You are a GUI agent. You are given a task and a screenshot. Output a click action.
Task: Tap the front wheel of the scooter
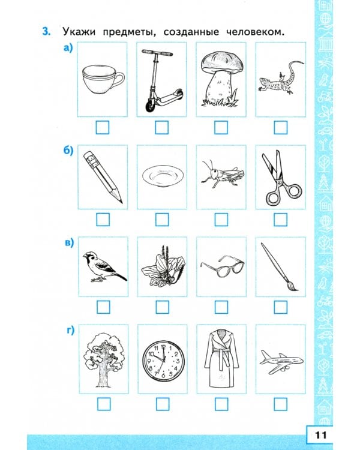[149, 106]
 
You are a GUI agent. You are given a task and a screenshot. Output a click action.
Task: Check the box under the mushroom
[221, 127]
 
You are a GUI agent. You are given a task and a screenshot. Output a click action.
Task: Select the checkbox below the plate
[162, 220]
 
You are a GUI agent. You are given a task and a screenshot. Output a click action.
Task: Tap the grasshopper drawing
[222, 174]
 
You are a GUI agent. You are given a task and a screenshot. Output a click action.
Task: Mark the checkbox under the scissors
[280, 220]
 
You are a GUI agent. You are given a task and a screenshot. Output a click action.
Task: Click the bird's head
[89, 256]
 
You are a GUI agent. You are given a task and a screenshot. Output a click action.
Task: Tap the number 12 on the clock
[163, 347]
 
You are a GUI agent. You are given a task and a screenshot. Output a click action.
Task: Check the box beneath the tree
[104, 404]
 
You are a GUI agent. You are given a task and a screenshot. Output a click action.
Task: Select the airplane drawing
[281, 361]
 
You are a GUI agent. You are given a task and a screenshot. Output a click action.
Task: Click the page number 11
[320, 435]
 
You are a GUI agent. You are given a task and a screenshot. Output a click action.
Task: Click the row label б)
[68, 150]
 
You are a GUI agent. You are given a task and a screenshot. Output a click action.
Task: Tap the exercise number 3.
[46, 31]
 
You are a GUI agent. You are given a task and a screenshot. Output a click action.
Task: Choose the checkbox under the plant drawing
[162, 307]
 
